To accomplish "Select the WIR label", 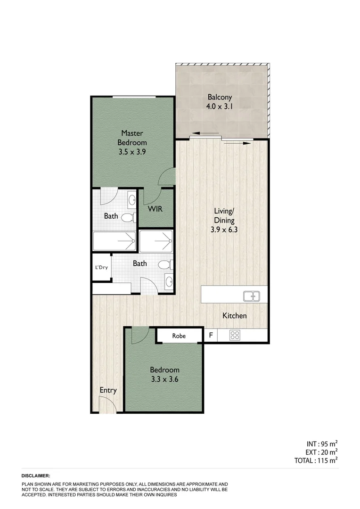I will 155,208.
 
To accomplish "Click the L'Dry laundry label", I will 102,267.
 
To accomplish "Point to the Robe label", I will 179,336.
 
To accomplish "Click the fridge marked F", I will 211,336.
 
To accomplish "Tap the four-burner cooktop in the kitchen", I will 235,336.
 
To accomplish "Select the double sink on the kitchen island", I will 252,296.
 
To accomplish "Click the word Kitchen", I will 234,316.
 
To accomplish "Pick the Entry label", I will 108,390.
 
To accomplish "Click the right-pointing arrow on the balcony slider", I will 244,142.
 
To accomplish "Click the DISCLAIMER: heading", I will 36,476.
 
